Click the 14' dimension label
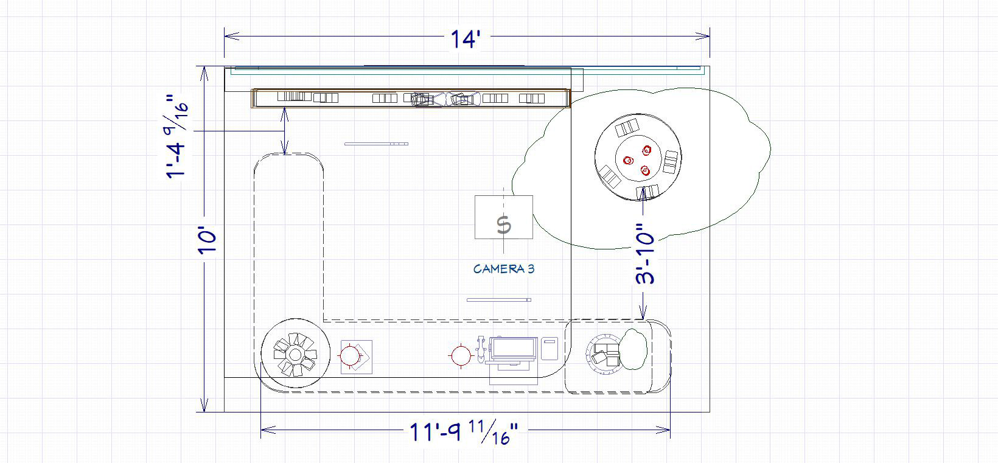(466, 39)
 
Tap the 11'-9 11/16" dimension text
(464, 432)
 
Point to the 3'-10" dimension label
(644, 254)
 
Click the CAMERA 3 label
(503, 269)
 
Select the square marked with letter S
(503, 217)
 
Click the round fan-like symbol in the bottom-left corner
(295, 353)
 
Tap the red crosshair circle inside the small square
(350, 356)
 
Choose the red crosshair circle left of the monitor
(461, 356)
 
